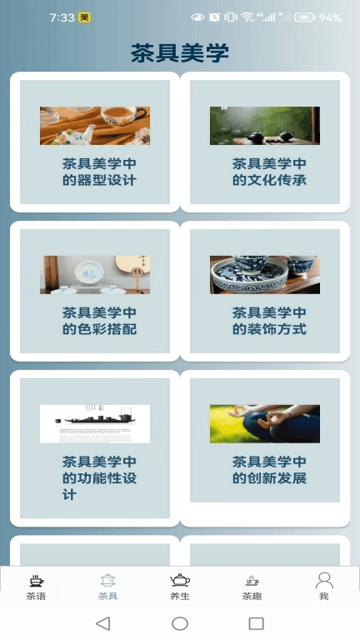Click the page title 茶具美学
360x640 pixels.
180,53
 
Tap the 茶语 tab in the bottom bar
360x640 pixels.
36,586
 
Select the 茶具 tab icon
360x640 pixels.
107,581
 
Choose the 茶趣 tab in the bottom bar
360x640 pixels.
252,586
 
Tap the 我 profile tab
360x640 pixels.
324,586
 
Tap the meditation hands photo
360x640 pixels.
265,423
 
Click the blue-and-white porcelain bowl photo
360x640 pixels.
265,274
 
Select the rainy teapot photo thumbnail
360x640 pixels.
265,126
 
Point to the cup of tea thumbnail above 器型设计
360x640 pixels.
95,126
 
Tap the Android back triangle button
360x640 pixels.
102,623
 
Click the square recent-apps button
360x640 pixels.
257,623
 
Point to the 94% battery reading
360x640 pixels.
330,17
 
